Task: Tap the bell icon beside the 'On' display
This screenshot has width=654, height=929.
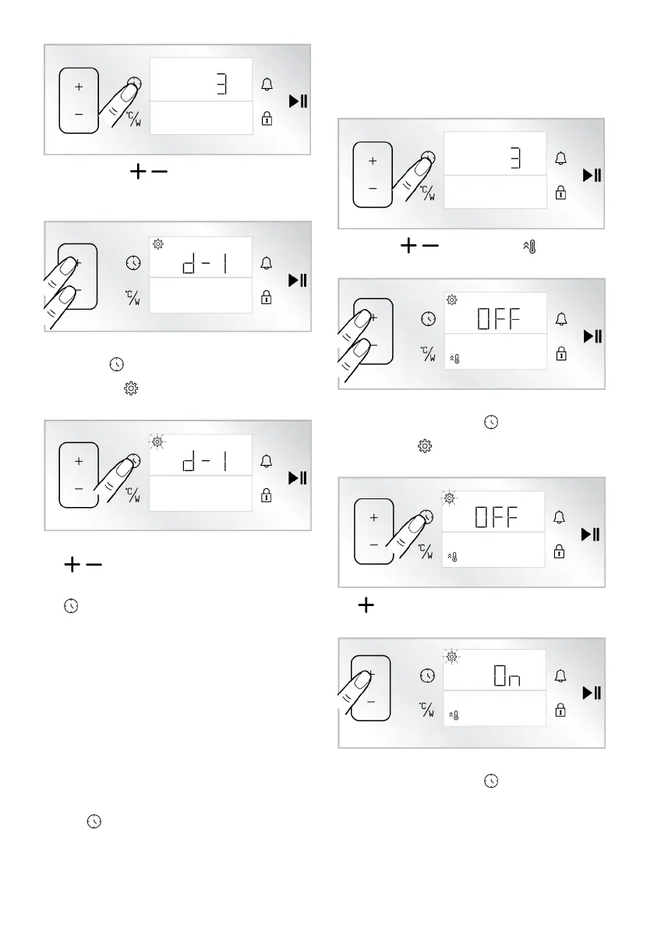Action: click(x=560, y=675)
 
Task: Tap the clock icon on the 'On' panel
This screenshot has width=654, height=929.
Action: click(x=426, y=675)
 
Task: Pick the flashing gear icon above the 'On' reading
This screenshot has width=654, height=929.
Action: click(x=451, y=658)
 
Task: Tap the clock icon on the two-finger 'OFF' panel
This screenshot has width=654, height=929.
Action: click(x=426, y=319)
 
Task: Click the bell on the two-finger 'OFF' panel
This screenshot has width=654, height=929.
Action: click(x=560, y=319)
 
